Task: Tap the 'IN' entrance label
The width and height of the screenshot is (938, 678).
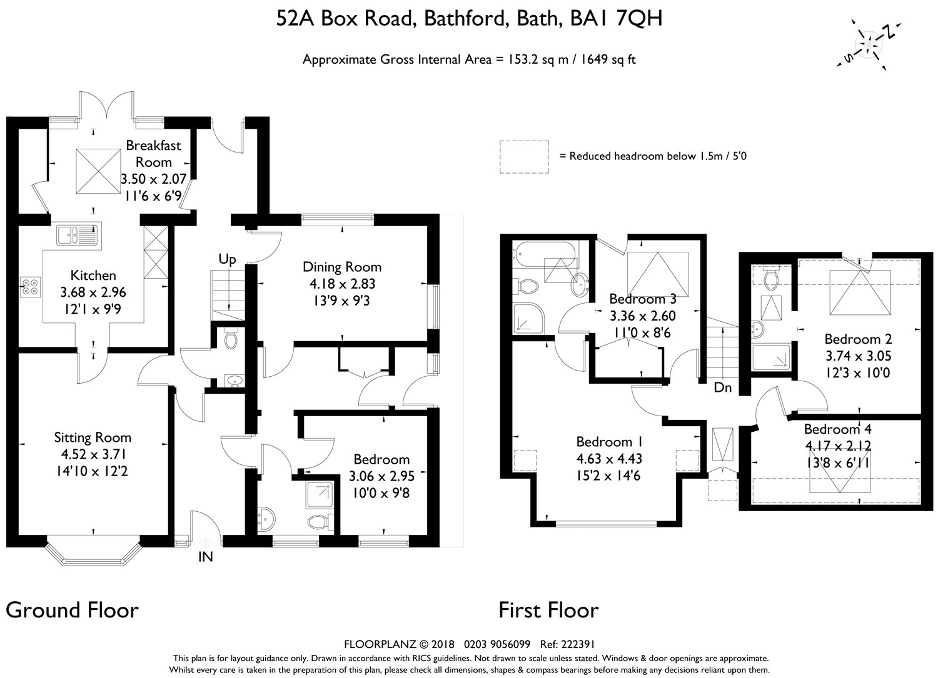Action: tap(206, 557)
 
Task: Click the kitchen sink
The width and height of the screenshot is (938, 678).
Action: tap(79, 234)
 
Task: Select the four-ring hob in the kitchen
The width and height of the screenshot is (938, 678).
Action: tap(31, 287)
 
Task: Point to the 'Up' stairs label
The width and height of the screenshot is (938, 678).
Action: tap(228, 260)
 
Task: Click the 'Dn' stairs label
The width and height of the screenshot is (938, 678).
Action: tap(723, 387)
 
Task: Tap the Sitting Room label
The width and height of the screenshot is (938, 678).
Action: tap(93, 437)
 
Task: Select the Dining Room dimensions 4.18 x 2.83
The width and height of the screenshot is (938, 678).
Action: tap(342, 284)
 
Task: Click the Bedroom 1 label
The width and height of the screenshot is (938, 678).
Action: tap(610, 442)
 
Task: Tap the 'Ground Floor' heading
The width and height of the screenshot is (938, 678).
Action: tap(72, 610)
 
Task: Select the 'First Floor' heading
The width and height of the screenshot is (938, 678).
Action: tap(548, 610)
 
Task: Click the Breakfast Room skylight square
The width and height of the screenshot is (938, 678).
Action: tap(99, 171)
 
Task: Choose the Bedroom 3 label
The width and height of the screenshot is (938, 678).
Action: tap(643, 299)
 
